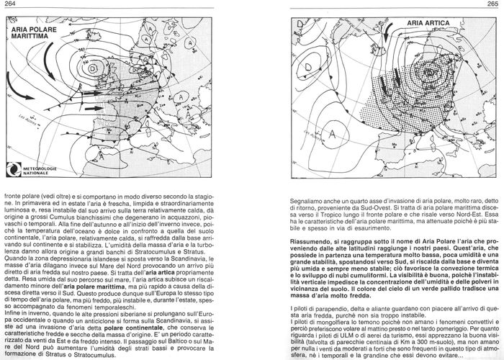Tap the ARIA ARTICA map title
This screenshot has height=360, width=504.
click(x=428, y=23)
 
